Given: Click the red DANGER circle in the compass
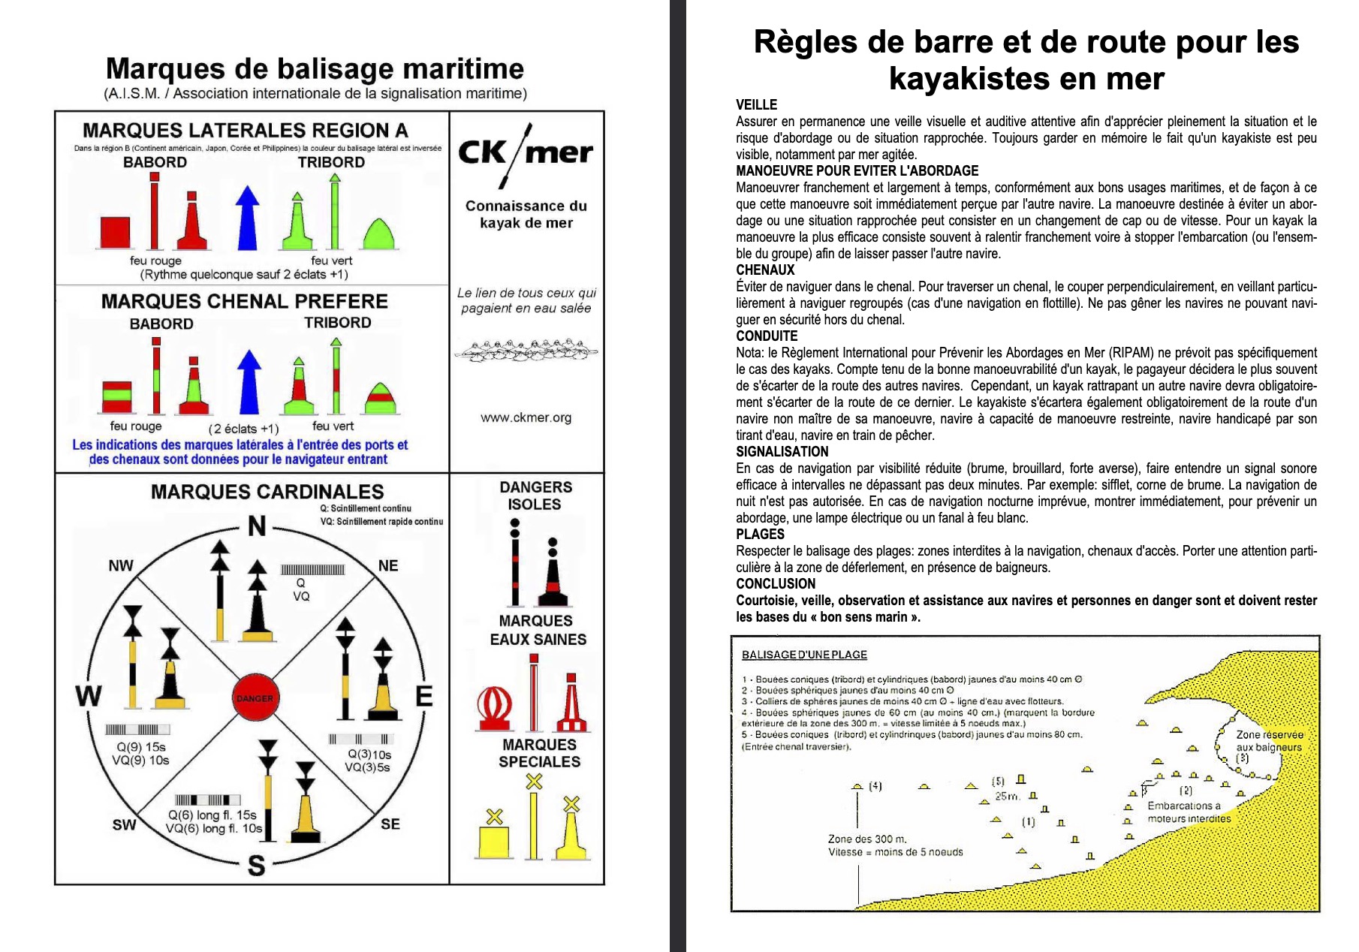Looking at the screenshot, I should point(255,697).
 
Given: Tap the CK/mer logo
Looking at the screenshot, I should point(525,154).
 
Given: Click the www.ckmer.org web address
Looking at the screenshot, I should point(526,417).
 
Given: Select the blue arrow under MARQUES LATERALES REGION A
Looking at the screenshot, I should point(247,218).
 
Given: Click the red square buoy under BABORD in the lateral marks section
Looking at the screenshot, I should point(115,232).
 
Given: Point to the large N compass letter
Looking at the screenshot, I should point(257,526).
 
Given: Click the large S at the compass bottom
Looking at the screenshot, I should point(256,866).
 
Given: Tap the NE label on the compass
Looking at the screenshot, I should point(388,565).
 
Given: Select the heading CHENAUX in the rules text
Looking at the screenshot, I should point(764,270).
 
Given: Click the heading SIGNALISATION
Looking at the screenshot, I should point(782,451).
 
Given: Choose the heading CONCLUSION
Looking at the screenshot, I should point(775,583).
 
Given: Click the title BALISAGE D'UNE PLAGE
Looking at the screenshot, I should point(803,655).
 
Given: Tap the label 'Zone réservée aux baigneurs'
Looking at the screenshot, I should point(1269,740).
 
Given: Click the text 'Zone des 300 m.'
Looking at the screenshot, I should point(866,839).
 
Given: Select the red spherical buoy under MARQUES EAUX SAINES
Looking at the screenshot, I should point(495,708).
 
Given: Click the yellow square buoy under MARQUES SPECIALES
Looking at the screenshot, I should point(493,842).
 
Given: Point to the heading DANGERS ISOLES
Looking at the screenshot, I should point(535,496).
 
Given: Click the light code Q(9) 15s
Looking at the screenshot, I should point(140,747).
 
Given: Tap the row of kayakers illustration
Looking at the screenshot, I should point(526,350).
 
